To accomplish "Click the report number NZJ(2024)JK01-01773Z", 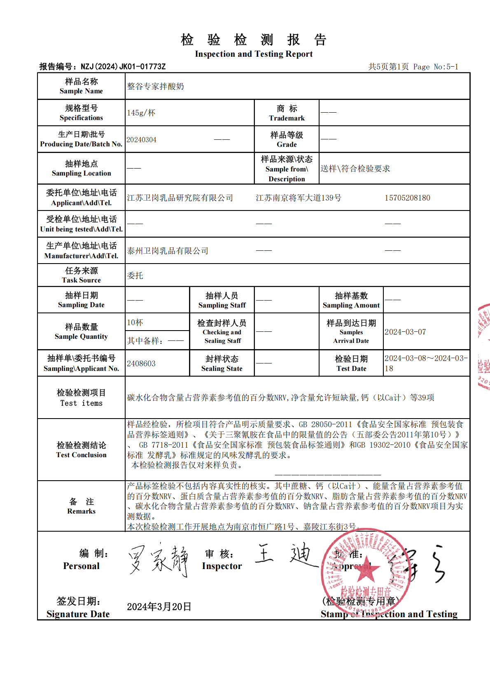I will click(x=123, y=67).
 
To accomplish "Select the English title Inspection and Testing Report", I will click(x=254, y=54).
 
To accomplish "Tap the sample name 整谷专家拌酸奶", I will click(x=155, y=86).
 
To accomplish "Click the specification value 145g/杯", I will click(x=141, y=113).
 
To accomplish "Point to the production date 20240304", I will click(x=141, y=140).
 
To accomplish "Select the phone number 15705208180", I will click(x=407, y=198).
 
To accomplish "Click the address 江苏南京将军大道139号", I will click(x=299, y=198).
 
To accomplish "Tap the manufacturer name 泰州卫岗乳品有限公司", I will click(x=168, y=251).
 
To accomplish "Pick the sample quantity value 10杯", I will click(x=135, y=322).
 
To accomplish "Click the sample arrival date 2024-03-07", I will click(x=405, y=332).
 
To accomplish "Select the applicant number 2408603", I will click(x=141, y=363).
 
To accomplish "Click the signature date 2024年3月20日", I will click(x=159, y=606).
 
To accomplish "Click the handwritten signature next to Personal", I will click(x=159, y=560).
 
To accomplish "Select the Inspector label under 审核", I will click(x=222, y=566).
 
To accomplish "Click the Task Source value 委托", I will click(x=135, y=275).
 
